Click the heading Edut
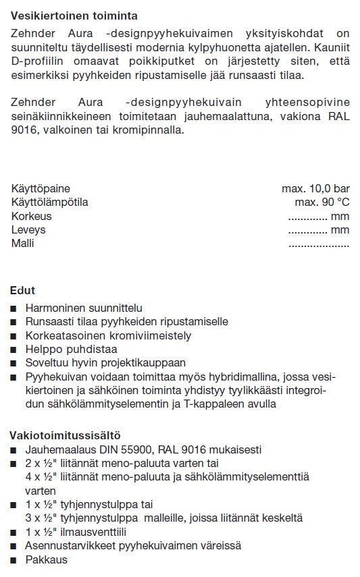(x=22, y=291)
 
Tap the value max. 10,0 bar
(x=315, y=189)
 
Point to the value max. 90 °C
(x=322, y=202)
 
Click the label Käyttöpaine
(x=41, y=189)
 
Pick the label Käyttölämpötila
(x=50, y=202)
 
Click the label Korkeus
(x=31, y=216)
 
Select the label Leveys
(x=28, y=229)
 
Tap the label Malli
(x=22, y=243)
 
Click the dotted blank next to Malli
(x=319, y=244)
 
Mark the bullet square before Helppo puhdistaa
(x=14, y=350)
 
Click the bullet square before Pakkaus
(x=14, y=560)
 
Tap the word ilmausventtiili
(x=97, y=532)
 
